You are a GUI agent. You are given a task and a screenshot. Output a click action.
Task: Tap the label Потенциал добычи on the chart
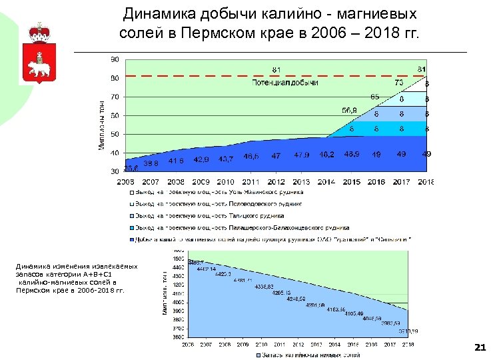click(x=285, y=83)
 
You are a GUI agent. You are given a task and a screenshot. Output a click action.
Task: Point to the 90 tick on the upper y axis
click(x=115, y=59)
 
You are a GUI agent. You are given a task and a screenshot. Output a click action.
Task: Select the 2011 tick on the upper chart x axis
click(x=250, y=181)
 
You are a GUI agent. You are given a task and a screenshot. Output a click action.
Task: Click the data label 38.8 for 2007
click(x=151, y=163)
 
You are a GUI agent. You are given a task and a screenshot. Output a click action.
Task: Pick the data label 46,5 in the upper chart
click(x=252, y=156)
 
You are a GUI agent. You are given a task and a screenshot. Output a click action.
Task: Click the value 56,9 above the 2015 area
click(x=349, y=111)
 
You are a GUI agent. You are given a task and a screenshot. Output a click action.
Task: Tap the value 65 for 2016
click(x=375, y=97)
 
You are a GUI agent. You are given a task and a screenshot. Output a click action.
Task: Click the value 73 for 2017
click(x=399, y=83)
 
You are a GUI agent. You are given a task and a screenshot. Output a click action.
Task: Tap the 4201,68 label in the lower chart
click(x=315, y=305)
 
